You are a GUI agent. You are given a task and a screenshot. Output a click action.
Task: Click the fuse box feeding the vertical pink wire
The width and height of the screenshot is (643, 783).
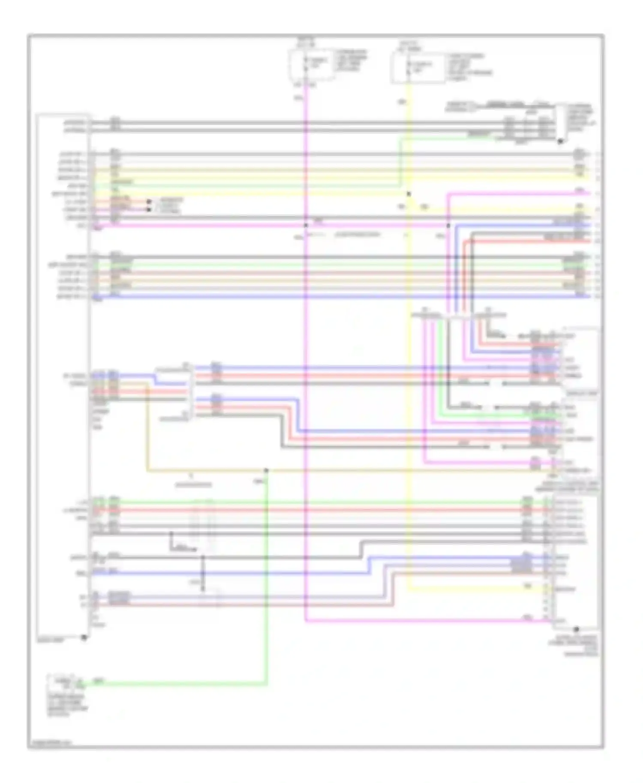(312, 64)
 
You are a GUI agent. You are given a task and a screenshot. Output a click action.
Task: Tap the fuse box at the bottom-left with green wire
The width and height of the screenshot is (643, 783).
(65, 682)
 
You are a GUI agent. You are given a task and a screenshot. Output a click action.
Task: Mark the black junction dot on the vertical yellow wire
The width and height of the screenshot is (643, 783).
(409, 194)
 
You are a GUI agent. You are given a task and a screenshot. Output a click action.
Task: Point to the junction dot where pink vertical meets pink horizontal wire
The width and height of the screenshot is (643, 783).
(306, 225)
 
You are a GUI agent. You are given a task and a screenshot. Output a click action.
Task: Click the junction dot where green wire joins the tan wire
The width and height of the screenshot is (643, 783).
(266, 470)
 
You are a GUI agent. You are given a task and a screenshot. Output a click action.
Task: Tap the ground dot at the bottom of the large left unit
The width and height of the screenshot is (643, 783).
(84, 637)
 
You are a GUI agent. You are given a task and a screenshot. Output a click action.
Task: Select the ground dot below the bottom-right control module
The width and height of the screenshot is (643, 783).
(576, 629)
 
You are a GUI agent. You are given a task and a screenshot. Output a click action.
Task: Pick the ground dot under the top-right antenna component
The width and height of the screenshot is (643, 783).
(560, 141)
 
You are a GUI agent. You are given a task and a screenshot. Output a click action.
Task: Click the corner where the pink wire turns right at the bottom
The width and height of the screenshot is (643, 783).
(306, 621)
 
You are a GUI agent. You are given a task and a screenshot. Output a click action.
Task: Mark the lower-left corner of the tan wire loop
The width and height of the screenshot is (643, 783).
(147, 471)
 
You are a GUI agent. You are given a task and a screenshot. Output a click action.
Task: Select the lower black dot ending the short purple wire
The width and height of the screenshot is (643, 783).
(149, 209)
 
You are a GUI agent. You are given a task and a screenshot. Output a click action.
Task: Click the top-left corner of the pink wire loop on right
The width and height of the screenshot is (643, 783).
(448, 194)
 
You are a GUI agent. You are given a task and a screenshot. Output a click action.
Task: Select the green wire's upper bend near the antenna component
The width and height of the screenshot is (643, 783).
(400, 138)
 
